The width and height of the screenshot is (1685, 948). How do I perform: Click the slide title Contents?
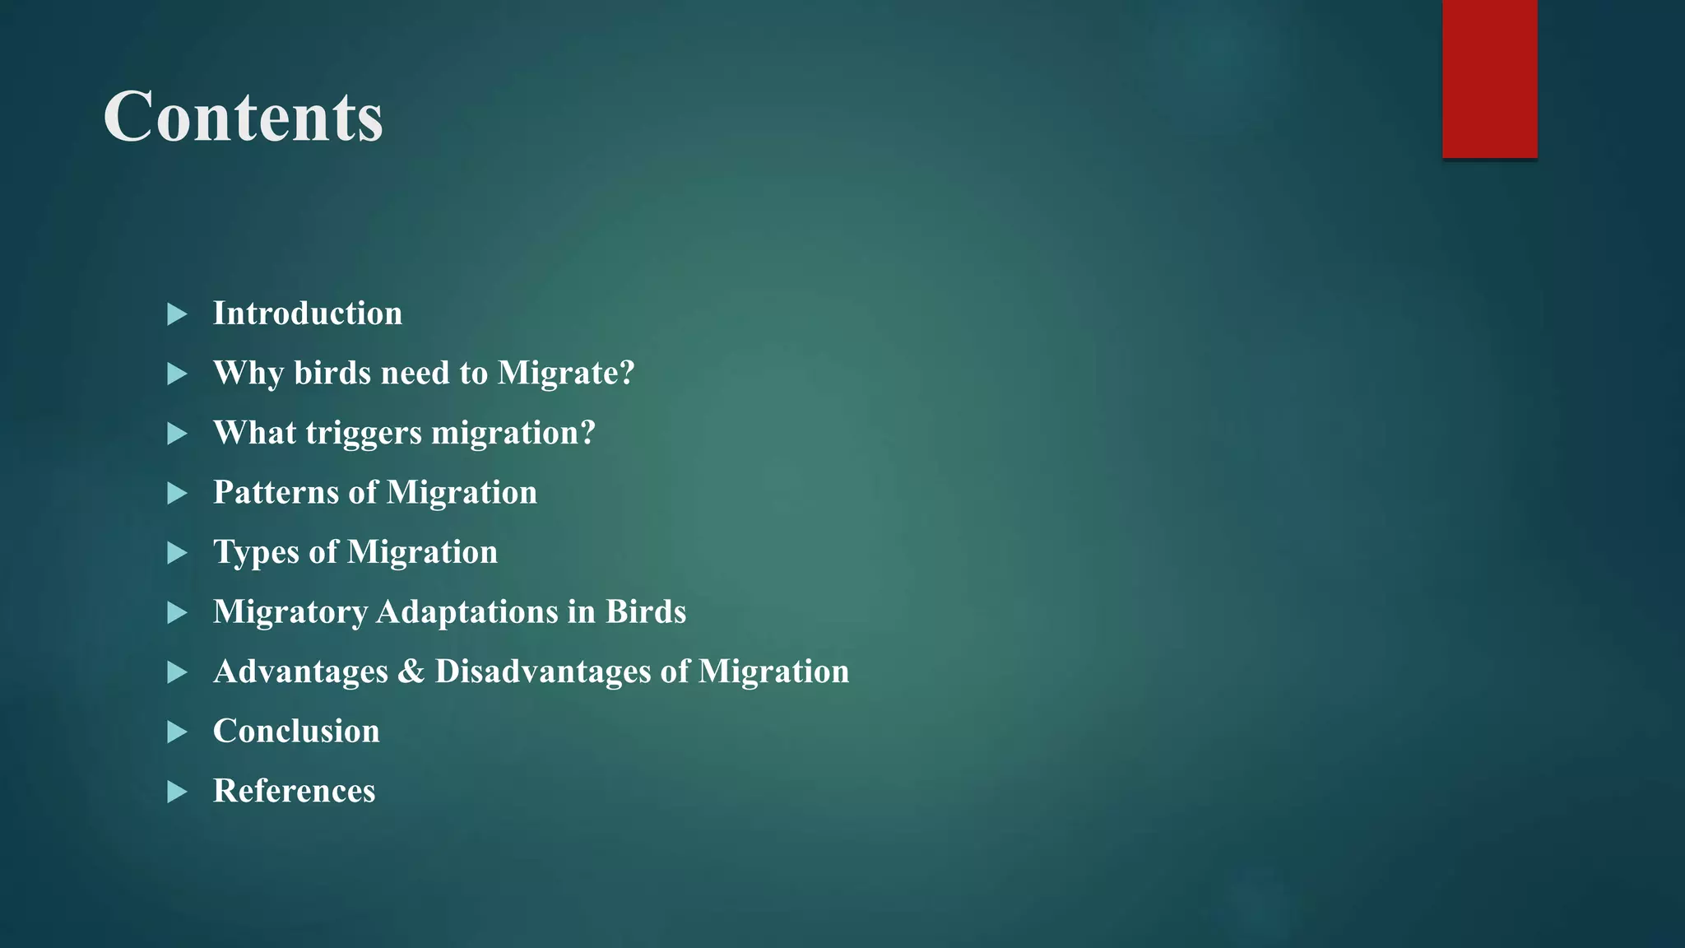click(x=243, y=117)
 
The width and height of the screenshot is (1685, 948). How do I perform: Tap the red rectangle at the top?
click(x=1489, y=78)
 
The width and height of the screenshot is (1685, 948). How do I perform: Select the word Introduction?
click(x=308, y=314)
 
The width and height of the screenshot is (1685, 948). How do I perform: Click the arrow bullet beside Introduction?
click(x=177, y=314)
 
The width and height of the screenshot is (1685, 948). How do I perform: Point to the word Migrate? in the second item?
click(x=566, y=374)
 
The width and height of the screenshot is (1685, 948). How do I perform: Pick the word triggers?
click(x=363, y=434)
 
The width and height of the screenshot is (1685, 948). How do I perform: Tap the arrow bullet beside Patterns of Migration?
click(x=177, y=494)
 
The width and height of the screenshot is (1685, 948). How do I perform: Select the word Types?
click(x=256, y=552)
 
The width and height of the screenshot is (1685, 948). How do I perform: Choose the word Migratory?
click(x=290, y=612)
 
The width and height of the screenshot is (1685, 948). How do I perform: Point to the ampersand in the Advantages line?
click(x=411, y=671)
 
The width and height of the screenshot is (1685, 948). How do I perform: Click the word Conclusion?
click(x=296, y=731)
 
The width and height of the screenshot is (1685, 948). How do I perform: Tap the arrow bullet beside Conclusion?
click(x=177, y=732)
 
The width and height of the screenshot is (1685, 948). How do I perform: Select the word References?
click(x=294, y=791)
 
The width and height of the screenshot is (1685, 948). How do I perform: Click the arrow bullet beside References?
click(x=177, y=792)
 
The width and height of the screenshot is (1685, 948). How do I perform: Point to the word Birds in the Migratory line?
click(x=646, y=612)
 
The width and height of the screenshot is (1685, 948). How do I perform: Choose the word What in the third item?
click(x=254, y=433)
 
